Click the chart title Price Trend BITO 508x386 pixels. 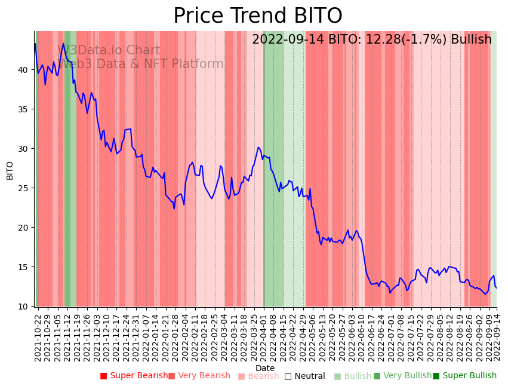click(257, 16)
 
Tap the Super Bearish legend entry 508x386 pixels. click(134, 376)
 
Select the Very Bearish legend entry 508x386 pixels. click(199, 376)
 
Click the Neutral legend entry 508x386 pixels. click(304, 376)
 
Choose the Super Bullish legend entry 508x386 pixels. click(464, 376)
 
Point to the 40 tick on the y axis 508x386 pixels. click(24, 70)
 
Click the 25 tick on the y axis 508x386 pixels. click(24, 188)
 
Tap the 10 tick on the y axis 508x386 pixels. click(24, 307)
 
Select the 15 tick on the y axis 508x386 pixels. click(24, 267)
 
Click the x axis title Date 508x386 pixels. click(265, 368)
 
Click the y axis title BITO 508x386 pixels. click(10, 170)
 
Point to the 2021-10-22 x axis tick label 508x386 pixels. click(37, 335)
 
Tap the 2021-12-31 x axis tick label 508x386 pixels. click(136, 335)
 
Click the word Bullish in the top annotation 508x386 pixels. click(471, 40)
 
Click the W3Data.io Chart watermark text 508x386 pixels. click(109, 51)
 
